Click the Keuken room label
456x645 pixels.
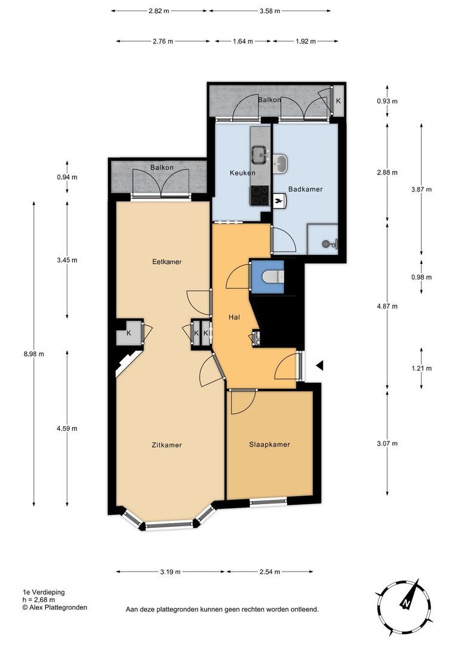242,173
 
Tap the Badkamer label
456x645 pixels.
305,189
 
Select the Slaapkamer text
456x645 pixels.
269,444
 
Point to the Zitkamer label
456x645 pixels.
167,445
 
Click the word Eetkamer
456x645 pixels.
167,262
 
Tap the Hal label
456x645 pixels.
234,317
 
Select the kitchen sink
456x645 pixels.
260,154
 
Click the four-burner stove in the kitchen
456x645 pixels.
260,195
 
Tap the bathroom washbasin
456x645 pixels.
281,162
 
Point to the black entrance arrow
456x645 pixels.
319,365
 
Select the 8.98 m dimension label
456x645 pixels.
33,354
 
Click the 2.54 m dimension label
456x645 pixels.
270,572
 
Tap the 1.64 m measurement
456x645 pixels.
242,41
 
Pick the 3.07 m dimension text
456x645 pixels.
387,443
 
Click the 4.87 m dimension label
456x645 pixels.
387,306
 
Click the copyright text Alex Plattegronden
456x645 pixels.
55,607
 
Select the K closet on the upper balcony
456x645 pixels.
338,101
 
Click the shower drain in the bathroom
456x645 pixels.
326,244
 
